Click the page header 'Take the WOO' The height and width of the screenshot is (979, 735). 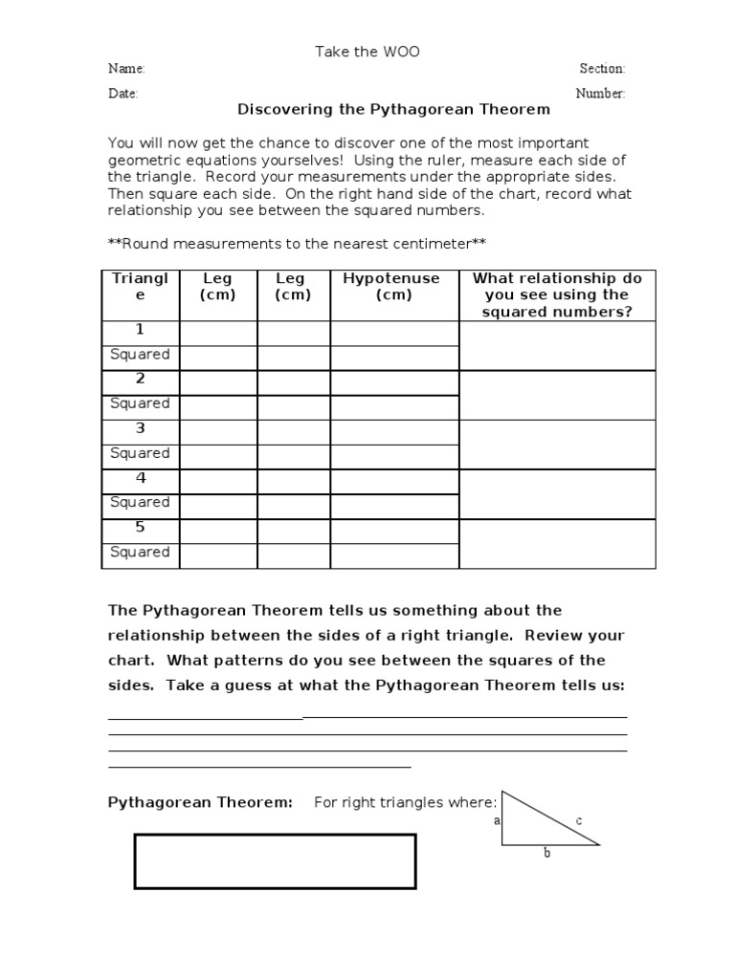pos(367,52)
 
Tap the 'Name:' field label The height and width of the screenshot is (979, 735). pos(126,69)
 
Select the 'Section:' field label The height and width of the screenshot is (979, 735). pos(602,69)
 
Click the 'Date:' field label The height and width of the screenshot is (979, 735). pos(123,94)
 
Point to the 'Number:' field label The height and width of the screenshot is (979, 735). pos(600,94)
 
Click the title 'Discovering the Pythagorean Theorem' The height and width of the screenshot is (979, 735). pos(393,110)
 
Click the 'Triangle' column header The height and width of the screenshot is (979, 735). pos(140,286)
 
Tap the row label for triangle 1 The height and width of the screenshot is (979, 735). pos(140,330)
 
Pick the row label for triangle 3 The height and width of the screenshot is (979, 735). pos(140,428)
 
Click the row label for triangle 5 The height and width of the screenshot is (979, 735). pos(140,527)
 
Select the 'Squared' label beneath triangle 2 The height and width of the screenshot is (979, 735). pos(140,403)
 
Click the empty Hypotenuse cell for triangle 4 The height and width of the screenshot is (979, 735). pos(394,478)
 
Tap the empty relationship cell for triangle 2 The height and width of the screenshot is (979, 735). pos(558,395)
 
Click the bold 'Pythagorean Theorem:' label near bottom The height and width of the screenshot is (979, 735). pos(200,802)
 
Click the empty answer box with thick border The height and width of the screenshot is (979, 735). pos(275,860)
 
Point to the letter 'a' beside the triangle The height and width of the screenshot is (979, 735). pos(497,820)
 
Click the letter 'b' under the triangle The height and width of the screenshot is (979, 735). pos(547,853)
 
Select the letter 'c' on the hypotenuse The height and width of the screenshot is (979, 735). pos(579,820)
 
